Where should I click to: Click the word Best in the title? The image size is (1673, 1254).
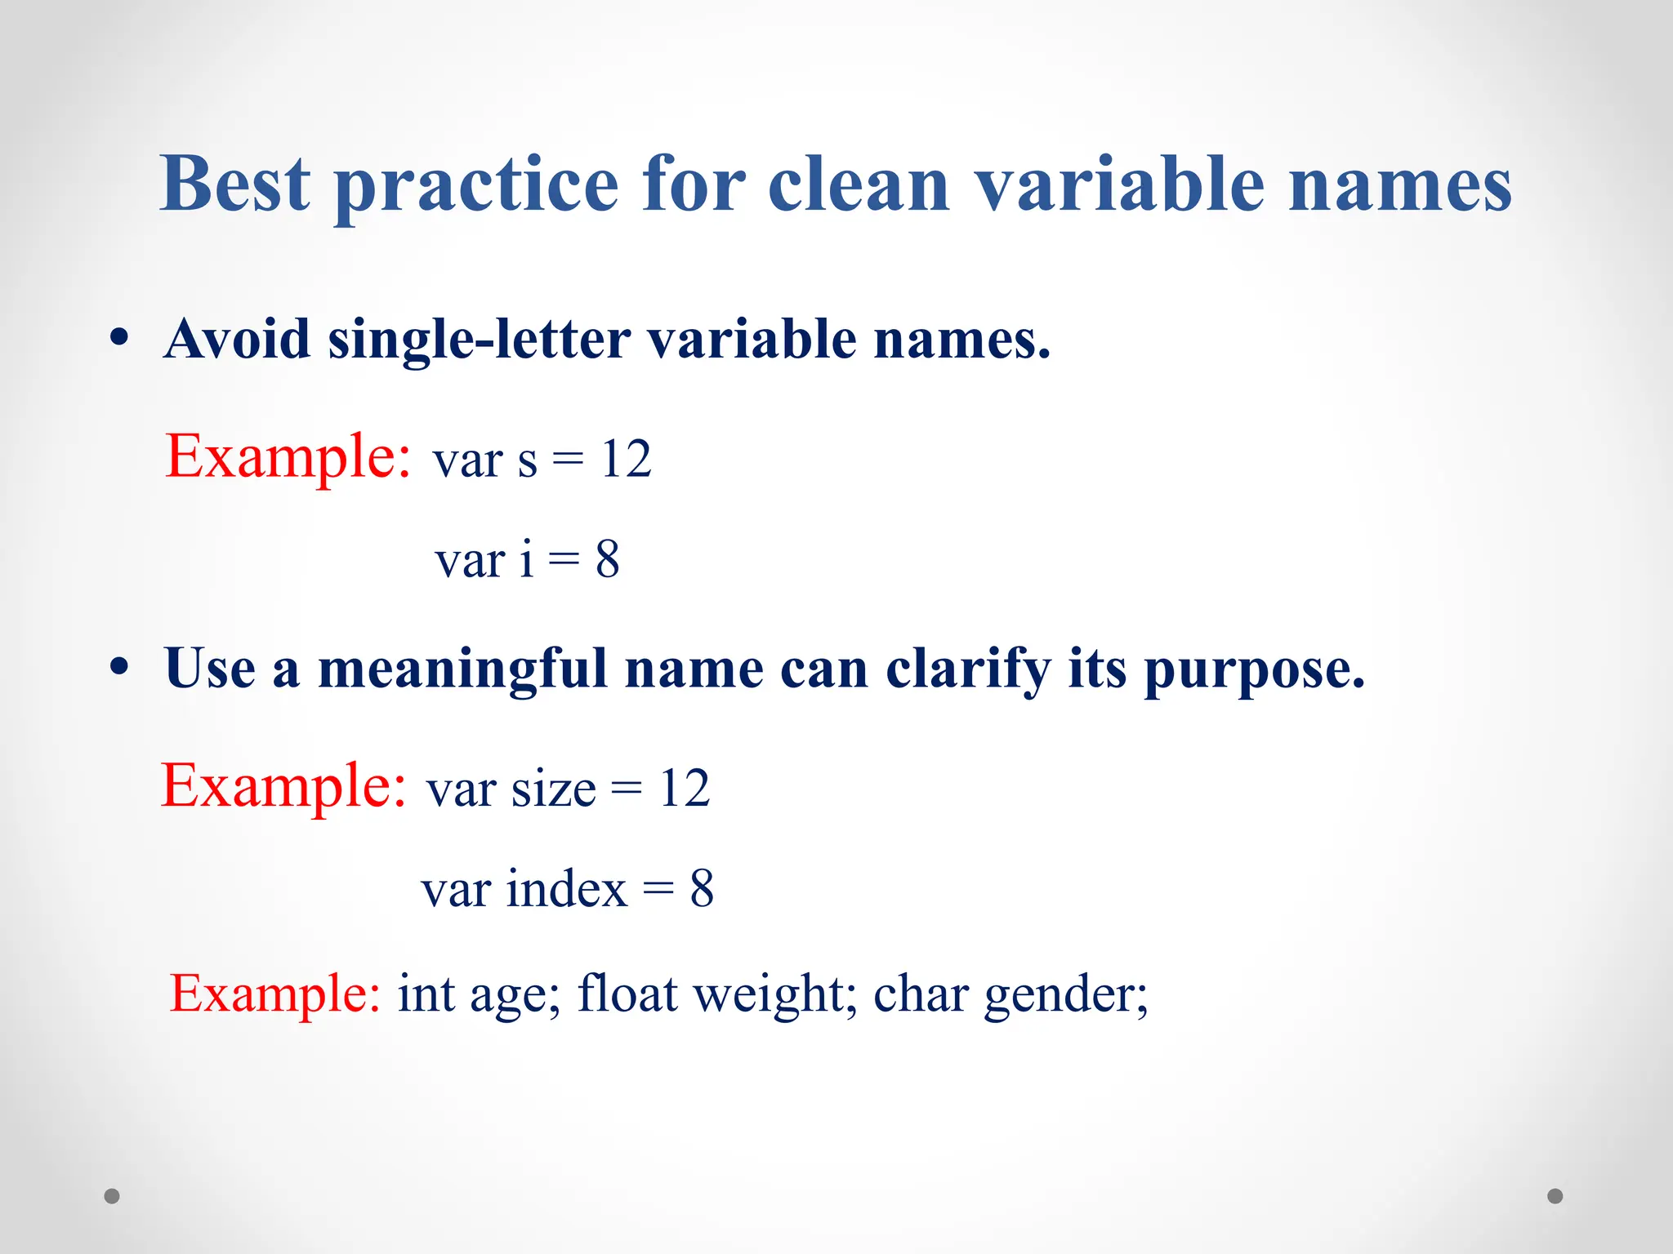235,185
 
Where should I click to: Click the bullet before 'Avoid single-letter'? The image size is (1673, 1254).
119,338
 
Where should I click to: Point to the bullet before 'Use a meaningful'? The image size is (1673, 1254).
119,667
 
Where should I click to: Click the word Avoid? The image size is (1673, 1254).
237,338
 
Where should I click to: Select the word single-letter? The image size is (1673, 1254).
479,340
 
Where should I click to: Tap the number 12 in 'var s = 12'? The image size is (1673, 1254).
626,459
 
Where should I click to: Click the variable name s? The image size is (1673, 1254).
528,462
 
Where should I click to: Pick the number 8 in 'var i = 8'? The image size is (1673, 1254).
607,560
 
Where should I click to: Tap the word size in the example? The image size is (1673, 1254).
554,789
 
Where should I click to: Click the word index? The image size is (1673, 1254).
566,889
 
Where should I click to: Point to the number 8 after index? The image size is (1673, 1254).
702,889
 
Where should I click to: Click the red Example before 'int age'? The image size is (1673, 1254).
274,994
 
